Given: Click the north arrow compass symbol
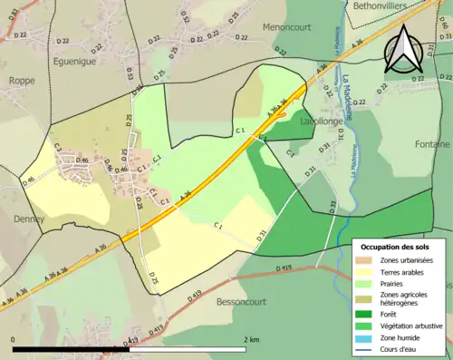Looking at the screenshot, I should [x=404, y=49].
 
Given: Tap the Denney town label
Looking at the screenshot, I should [x=29, y=219].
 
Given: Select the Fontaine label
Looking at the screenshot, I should [x=431, y=144].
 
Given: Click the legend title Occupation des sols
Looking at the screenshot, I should [x=396, y=247].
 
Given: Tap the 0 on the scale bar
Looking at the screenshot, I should [x=14, y=339].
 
